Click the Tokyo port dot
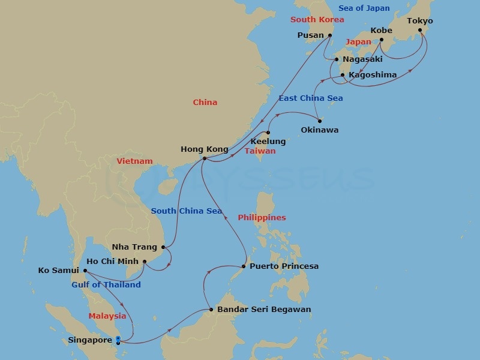(420, 30)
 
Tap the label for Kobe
(382, 30)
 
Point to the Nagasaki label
(362, 59)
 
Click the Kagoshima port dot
(343, 75)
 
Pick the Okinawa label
(319, 130)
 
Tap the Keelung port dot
(268, 133)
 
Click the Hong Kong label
(205, 149)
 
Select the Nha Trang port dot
(163, 247)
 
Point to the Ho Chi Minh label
(113, 262)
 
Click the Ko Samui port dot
(85, 271)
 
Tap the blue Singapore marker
(118, 340)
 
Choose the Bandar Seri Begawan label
(264, 310)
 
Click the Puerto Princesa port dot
(244, 266)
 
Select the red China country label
(205, 103)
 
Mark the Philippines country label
(262, 218)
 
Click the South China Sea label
(187, 211)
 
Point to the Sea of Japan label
(364, 8)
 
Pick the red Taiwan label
(260, 151)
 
